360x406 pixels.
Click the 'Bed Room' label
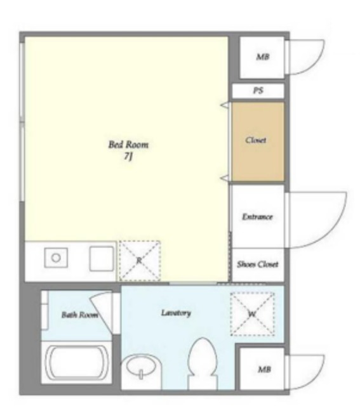tap(128, 145)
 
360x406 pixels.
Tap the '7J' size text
tap(128, 157)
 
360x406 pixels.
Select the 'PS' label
tap(258, 90)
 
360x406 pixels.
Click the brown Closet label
tap(256, 140)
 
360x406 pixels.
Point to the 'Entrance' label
tap(257, 216)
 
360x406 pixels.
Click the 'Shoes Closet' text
tap(258, 264)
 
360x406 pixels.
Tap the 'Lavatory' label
tap(176, 313)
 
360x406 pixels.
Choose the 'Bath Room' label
tap(79, 315)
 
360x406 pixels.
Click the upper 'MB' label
tap(263, 56)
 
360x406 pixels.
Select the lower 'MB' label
tap(264, 369)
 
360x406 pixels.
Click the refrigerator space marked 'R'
tap(140, 261)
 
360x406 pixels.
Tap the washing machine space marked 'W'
tap(253, 314)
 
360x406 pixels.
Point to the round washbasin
tap(142, 367)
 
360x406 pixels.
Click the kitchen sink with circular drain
tap(56, 258)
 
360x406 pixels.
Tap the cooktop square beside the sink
tap(102, 259)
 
